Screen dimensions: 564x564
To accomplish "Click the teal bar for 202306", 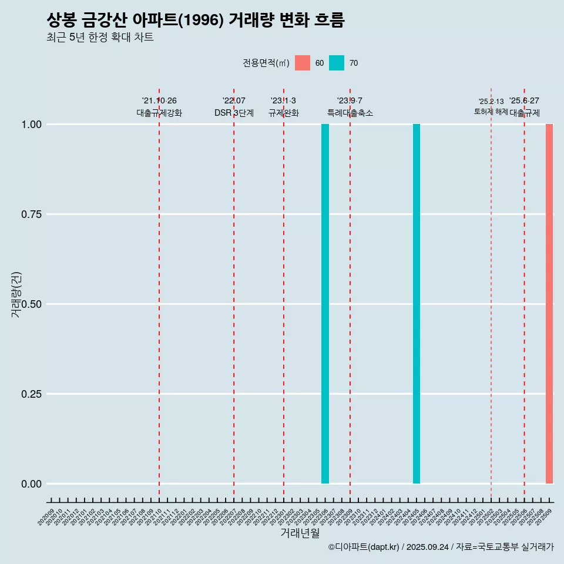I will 325,304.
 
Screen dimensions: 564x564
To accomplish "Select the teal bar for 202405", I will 417,304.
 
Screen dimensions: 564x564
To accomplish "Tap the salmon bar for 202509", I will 549,304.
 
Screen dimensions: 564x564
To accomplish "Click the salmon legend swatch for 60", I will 303,63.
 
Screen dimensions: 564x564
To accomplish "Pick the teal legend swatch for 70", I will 337,63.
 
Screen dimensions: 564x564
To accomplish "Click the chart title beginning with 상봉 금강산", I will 195,21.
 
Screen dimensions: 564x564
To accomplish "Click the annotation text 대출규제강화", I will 159,113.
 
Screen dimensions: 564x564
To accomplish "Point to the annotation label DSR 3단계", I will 234,113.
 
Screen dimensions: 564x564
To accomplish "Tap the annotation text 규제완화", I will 284,113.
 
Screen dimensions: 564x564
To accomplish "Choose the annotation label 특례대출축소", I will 350,113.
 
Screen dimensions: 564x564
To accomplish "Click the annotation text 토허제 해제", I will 491,112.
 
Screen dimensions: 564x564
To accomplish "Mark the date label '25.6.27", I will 524,101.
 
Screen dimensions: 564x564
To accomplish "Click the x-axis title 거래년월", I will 300,533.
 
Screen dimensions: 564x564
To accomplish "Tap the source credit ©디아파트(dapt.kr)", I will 364,548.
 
